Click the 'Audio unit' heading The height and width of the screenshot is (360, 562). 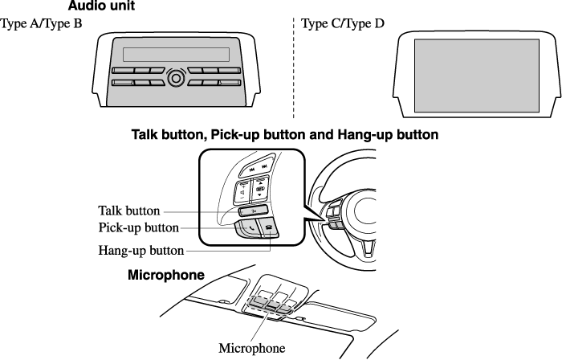point(101,6)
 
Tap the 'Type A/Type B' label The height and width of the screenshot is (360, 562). point(42,23)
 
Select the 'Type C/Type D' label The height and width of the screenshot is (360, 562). point(343,23)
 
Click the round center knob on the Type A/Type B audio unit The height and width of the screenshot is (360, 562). point(176,77)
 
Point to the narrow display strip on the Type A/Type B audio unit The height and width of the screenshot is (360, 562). point(176,55)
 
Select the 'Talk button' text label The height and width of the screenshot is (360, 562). point(128,211)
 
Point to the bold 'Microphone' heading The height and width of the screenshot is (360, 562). point(166,275)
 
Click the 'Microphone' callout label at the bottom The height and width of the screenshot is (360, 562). point(251,348)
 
